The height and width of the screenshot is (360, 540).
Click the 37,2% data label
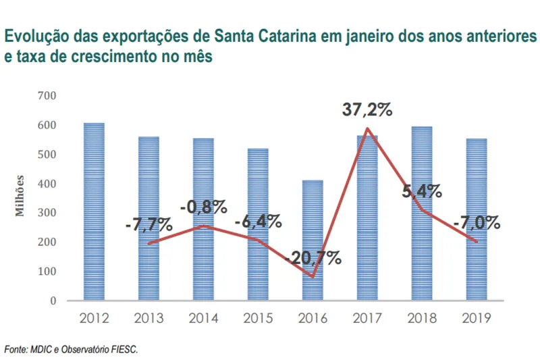pos(367,109)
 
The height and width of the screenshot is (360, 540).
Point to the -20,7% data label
pos(313,257)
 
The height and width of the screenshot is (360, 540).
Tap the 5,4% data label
pos(423,191)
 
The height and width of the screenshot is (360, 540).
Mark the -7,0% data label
pos(477,222)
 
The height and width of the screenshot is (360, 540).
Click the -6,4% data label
pos(258,222)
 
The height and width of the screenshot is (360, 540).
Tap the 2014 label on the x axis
pos(203,317)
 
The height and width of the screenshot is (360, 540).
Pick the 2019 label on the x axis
pos(477,317)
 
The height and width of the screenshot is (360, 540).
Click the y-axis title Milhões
pos(21,196)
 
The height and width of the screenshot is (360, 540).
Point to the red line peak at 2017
pos(367,128)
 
